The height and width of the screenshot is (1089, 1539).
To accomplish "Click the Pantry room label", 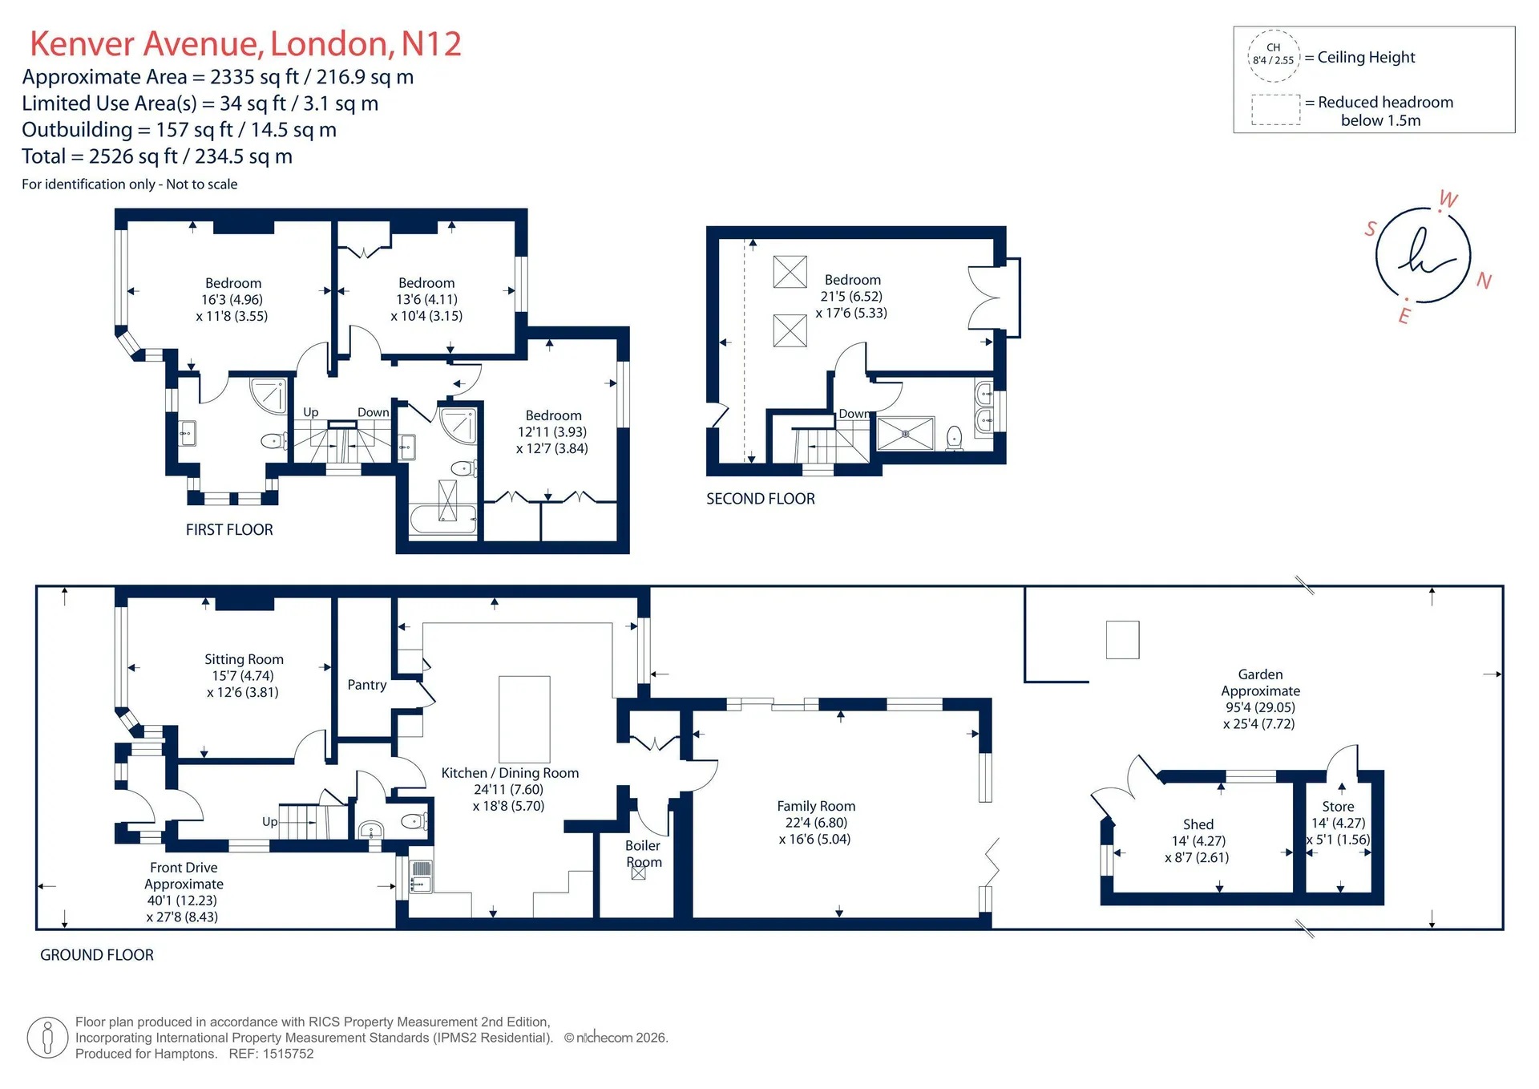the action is [x=367, y=685].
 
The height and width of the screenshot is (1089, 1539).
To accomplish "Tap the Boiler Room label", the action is [x=644, y=853].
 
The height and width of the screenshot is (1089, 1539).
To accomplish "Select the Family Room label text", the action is [x=816, y=806].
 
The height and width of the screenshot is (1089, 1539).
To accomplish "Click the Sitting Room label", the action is [x=244, y=659].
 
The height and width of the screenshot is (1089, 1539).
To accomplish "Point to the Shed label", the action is [x=1198, y=824].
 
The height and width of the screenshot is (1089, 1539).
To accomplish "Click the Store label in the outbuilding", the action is [x=1338, y=807].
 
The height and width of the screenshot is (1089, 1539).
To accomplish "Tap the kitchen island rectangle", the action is [x=524, y=719].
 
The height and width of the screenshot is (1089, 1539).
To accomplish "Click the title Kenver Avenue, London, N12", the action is [x=245, y=44].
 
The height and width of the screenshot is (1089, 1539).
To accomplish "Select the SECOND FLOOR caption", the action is [x=761, y=499].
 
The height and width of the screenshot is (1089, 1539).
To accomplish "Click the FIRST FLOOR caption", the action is [x=229, y=530].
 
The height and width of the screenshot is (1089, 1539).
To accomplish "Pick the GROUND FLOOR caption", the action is [x=97, y=955].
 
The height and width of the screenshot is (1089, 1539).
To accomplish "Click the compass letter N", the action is [x=1484, y=281].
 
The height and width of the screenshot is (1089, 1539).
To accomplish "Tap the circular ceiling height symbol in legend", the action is [x=1274, y=56].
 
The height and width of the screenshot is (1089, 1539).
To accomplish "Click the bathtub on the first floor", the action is [x=443, y=520].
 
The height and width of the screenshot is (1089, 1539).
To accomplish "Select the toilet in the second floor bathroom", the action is [x=954, y=438].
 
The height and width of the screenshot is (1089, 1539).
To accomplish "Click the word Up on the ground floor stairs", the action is [x=270, y=822].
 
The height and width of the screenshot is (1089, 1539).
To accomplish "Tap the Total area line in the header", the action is [x=157, y=156].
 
